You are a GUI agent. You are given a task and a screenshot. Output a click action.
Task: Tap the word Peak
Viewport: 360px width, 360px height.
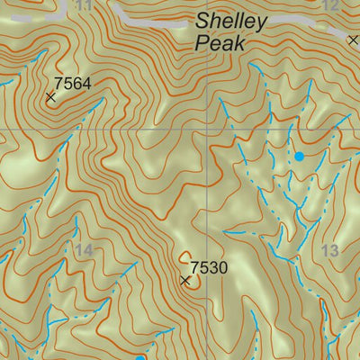tap(216, 42)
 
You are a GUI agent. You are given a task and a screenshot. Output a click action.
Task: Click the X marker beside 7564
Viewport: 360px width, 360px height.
tap(50, 96)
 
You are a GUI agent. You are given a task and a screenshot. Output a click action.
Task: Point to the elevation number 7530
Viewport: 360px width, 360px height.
tap(209, 267)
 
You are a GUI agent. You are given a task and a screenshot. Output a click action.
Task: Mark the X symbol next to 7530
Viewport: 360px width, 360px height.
tap(185, 281)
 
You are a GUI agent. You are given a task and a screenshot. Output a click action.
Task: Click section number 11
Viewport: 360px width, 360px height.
tap(85, 5)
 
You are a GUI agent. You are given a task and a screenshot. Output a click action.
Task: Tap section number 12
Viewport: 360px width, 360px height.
tap(329, 5)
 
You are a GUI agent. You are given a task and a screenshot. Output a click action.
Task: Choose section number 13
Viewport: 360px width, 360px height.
tap(329, 250)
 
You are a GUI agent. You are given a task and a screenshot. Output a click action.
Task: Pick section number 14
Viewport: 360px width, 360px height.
tap(85, 250)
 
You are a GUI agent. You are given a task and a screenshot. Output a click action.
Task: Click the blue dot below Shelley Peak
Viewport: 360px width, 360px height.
tap(299, 156)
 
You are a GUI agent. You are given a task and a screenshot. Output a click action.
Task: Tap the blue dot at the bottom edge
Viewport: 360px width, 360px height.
tap(140, 357)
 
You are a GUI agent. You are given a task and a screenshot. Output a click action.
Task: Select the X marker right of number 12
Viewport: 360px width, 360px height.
tap(354, 39)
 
